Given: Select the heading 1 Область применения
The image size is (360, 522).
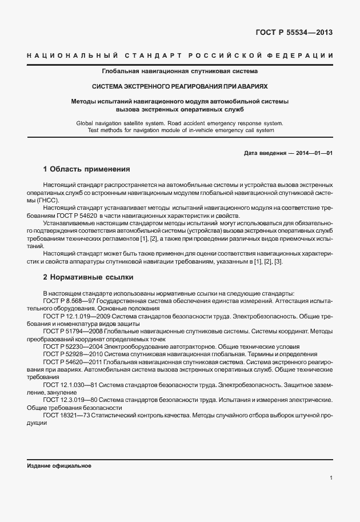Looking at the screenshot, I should (87, 170).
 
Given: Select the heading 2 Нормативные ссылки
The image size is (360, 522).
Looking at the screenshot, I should (88, 277).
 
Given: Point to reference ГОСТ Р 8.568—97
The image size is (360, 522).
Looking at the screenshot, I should (69, 300).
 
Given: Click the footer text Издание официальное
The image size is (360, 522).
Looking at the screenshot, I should (55, 466).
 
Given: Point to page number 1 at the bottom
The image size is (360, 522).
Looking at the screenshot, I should (331, 477).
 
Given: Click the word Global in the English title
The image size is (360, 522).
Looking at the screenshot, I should (86, 123).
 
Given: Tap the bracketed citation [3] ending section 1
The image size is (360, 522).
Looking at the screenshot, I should (278, 262).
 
